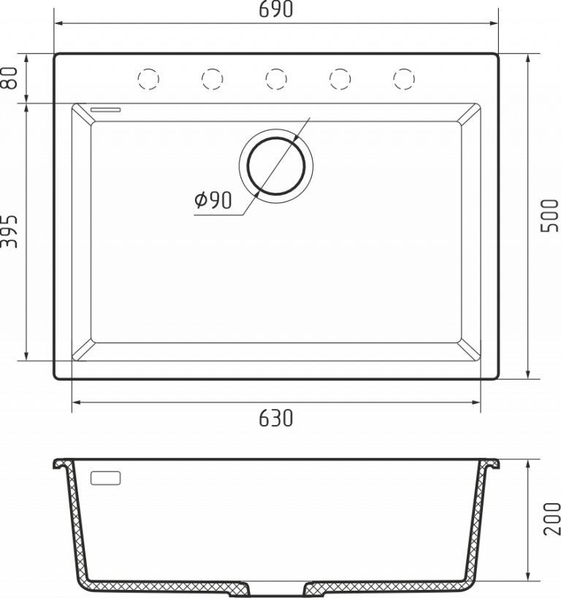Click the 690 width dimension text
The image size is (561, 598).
pyautogui.click(x=275, y=9)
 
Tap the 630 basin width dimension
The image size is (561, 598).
pyautogui.click(x=275, y=418)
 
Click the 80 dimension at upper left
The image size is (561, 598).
pyautogui.click(x=9, y=78)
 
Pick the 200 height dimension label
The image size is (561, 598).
pyautogui.click(x=551, y=519)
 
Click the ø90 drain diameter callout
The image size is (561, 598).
pyautogui.click(x=213, y=200)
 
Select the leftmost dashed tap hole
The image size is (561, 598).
pyautogui.click(x=148, y=78)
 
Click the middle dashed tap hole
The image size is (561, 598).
pyautogui.click(x=275, y=78)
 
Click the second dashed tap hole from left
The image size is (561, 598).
pyautogui.click(x=212, y=78)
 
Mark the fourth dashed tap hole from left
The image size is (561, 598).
pyautogui.click(x=340, y=78)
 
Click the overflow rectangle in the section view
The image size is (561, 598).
pyautogui.click(x=105, y=478)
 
